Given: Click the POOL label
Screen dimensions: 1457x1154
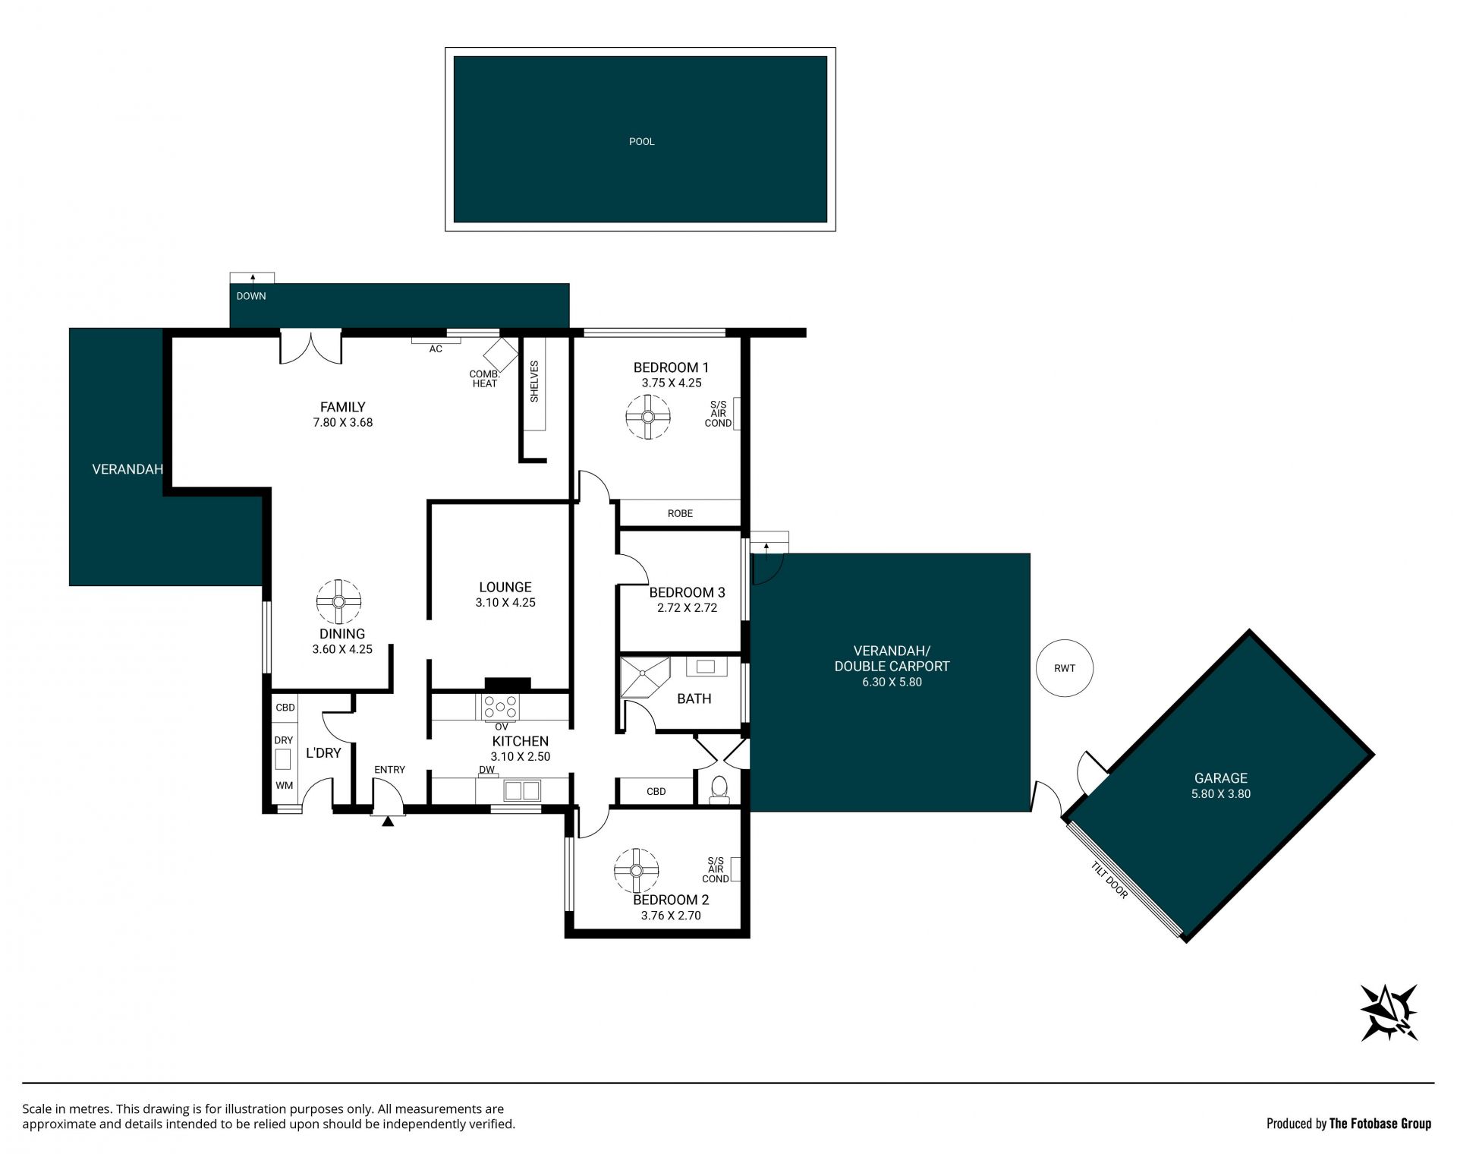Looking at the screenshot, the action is pos(641,141).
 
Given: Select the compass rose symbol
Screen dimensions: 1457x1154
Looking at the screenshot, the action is pos(1389,1012).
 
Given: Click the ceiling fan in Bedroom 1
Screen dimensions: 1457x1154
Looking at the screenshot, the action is pos(648,417).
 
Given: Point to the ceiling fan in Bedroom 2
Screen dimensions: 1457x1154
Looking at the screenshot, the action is pos(636,871).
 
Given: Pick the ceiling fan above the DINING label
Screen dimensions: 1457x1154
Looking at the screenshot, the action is pos(338,602).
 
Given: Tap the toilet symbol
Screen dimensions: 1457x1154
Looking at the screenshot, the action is pos(718,790).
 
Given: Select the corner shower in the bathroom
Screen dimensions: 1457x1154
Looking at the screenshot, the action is pos(645,676).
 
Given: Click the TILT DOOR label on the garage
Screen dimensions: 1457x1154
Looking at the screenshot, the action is pos(1109,880).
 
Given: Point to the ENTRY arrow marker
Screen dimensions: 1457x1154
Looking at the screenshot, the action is pos(388,821).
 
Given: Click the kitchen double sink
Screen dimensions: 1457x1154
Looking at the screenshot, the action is pos(522,790).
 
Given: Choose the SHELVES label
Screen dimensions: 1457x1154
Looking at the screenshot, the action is pos(534,381).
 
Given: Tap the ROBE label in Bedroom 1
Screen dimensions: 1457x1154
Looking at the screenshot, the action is pos(680,513).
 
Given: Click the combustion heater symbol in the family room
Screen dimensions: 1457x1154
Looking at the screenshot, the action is pos(501,354).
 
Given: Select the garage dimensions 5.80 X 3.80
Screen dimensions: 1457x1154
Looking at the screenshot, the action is pos(1221,794).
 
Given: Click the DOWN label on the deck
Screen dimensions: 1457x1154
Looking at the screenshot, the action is pos(251,296).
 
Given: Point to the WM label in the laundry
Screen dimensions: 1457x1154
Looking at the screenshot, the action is pos(284,786).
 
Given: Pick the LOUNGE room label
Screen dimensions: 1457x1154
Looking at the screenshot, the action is pos(505,587).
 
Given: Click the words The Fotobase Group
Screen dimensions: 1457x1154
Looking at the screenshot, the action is pos(1380,1124).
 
